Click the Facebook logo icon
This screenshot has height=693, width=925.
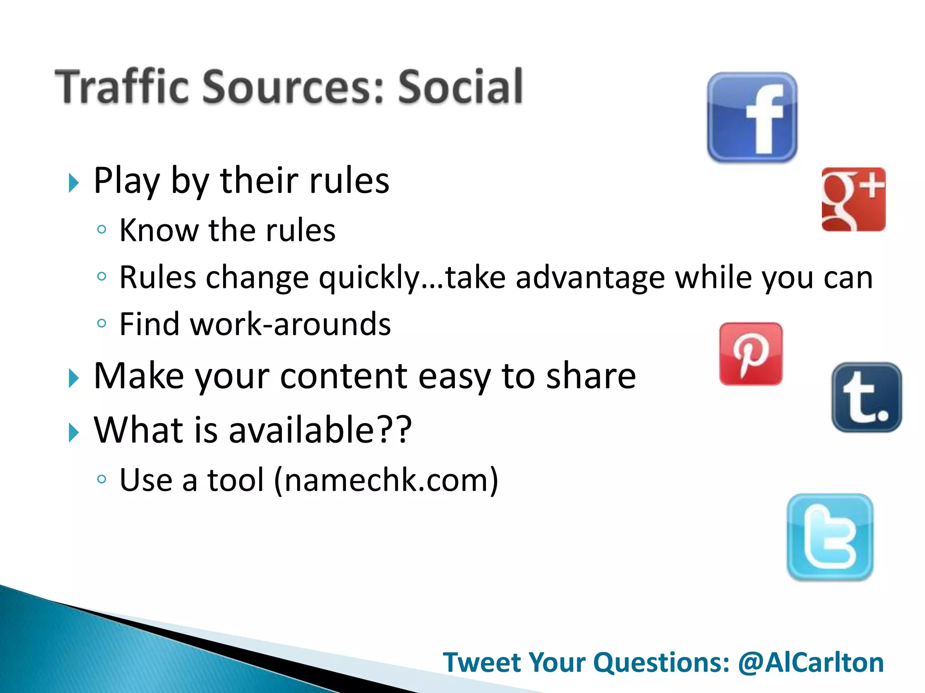[752, 117]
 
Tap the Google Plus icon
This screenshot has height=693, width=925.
[853, 199]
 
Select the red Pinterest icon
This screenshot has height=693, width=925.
[751, 354]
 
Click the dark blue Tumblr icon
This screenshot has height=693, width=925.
[866, 397]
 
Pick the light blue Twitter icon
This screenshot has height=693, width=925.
[830, 537]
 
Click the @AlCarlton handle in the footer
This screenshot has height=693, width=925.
[811, 662]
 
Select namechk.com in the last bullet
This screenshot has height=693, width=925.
[386, 480]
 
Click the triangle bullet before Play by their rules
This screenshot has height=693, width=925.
[73, 183]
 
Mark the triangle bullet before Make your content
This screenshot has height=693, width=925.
[73, 378]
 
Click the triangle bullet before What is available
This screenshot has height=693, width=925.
[73, 432]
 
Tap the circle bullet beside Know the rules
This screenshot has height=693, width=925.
[102, 230]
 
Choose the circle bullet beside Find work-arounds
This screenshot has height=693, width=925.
[102, 323]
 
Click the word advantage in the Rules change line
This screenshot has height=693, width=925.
[590, 278]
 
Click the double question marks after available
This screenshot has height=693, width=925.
[393, 430]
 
